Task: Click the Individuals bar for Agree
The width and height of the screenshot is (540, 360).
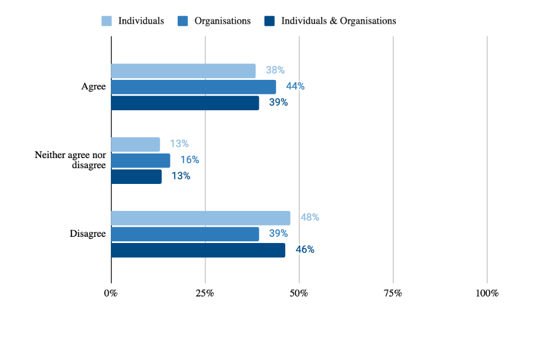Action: tap(183, 71)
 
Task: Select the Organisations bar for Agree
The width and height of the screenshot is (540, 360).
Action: tap(193, 87)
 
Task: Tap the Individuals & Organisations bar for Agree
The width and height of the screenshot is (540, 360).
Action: tap(185, 103)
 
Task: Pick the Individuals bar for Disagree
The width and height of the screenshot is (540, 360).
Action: tap(201, 218)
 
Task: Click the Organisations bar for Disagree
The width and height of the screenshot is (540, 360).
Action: tap(185, 234)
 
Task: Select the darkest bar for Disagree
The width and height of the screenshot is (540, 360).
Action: tap(198, 250)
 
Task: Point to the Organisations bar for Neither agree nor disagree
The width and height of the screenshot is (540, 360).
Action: tap(141, 160)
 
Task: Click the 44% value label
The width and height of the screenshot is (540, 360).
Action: tap(295, 87)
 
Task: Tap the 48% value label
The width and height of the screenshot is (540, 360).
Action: tap(309, 218)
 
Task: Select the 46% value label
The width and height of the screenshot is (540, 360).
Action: tap(305, 250)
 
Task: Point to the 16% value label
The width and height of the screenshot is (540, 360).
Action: tap(190, 160)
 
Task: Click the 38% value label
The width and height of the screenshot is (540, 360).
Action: tap(275, 71)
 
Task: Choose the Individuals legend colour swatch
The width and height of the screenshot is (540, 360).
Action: tap(107, 21)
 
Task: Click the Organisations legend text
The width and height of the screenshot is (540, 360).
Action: tap(222, 21)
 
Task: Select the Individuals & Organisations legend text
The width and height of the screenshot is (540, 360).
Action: tap(339, 21)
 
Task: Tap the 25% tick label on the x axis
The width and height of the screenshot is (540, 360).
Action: tap(205, 294)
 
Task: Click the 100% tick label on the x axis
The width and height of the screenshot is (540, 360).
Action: tap(487, 294)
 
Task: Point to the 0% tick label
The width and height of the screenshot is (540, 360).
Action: tap(111, 294)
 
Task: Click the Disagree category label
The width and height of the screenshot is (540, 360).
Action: tap(88, 234)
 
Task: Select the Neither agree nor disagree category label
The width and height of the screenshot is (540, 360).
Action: tap(70, 160)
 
